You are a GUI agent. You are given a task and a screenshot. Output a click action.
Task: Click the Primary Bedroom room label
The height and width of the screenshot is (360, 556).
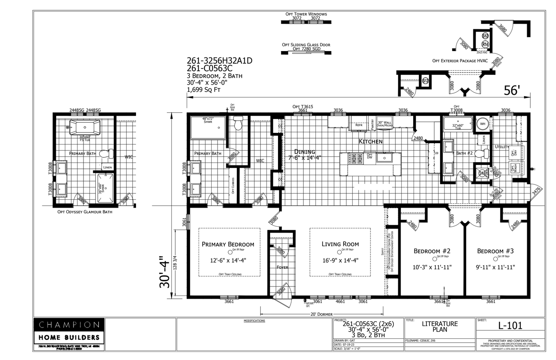point(228,244)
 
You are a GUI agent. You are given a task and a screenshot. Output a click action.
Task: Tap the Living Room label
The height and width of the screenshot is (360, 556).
point(340,244)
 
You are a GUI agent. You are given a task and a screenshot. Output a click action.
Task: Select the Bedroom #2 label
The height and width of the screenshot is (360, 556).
point(432,251)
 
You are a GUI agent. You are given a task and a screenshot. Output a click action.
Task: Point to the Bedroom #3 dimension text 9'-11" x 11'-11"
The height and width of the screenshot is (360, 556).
point(495,267)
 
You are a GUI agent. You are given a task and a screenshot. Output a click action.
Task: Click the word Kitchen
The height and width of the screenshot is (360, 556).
point(371,141)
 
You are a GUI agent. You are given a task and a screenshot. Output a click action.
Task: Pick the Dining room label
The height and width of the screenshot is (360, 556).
point(304,152)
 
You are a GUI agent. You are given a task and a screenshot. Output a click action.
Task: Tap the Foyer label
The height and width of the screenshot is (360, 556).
point(282,267)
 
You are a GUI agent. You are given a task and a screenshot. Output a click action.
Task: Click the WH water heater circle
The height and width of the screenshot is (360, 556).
point(482,123)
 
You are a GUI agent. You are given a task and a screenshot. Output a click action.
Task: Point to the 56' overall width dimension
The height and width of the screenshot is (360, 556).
point(511,91)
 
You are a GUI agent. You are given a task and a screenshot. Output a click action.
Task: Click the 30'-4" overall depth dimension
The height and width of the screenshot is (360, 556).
point(165,273)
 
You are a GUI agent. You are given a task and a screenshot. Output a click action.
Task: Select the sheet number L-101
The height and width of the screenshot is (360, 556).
point(510,326)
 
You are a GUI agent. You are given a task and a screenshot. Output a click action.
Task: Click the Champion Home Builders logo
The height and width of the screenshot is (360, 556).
point(69,331)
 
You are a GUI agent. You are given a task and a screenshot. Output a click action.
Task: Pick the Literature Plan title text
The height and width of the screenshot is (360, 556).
point(440,326)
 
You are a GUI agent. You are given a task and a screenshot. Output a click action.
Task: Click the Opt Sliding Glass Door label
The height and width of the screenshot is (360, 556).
point(306,45)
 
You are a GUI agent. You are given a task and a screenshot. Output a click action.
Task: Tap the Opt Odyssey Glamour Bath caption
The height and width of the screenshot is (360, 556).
point(85,212)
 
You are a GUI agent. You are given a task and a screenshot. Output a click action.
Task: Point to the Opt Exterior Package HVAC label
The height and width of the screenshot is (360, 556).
point(460,61)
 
